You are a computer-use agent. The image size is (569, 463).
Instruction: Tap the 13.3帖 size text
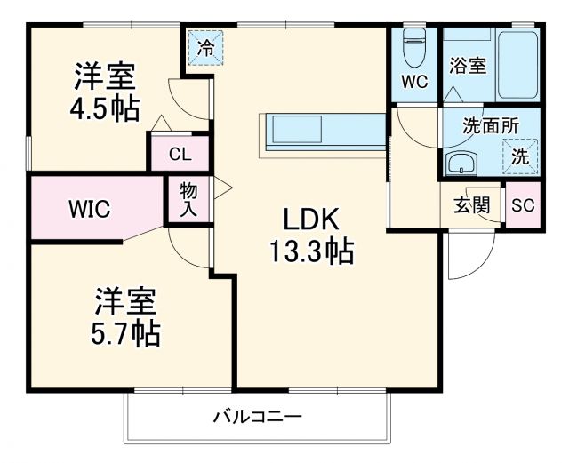pos(312,253)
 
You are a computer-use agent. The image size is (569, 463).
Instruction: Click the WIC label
pos(90,210)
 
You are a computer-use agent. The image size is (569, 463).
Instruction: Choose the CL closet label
pos(180,154)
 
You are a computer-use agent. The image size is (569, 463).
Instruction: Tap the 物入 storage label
pos(188,199)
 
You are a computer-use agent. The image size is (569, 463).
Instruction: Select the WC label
pos(414,82)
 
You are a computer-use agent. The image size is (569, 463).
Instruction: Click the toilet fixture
pos(414,48)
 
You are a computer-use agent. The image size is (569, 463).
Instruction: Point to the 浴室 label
pos(468,65)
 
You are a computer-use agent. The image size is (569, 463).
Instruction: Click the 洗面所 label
pos(490,126)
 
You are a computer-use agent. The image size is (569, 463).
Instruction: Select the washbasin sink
pos(461,164)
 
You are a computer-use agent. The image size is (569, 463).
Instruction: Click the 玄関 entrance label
pos(472,205)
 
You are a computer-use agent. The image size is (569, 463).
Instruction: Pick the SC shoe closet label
pos(523,205)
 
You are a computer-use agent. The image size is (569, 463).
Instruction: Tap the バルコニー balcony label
pos(258,416)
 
